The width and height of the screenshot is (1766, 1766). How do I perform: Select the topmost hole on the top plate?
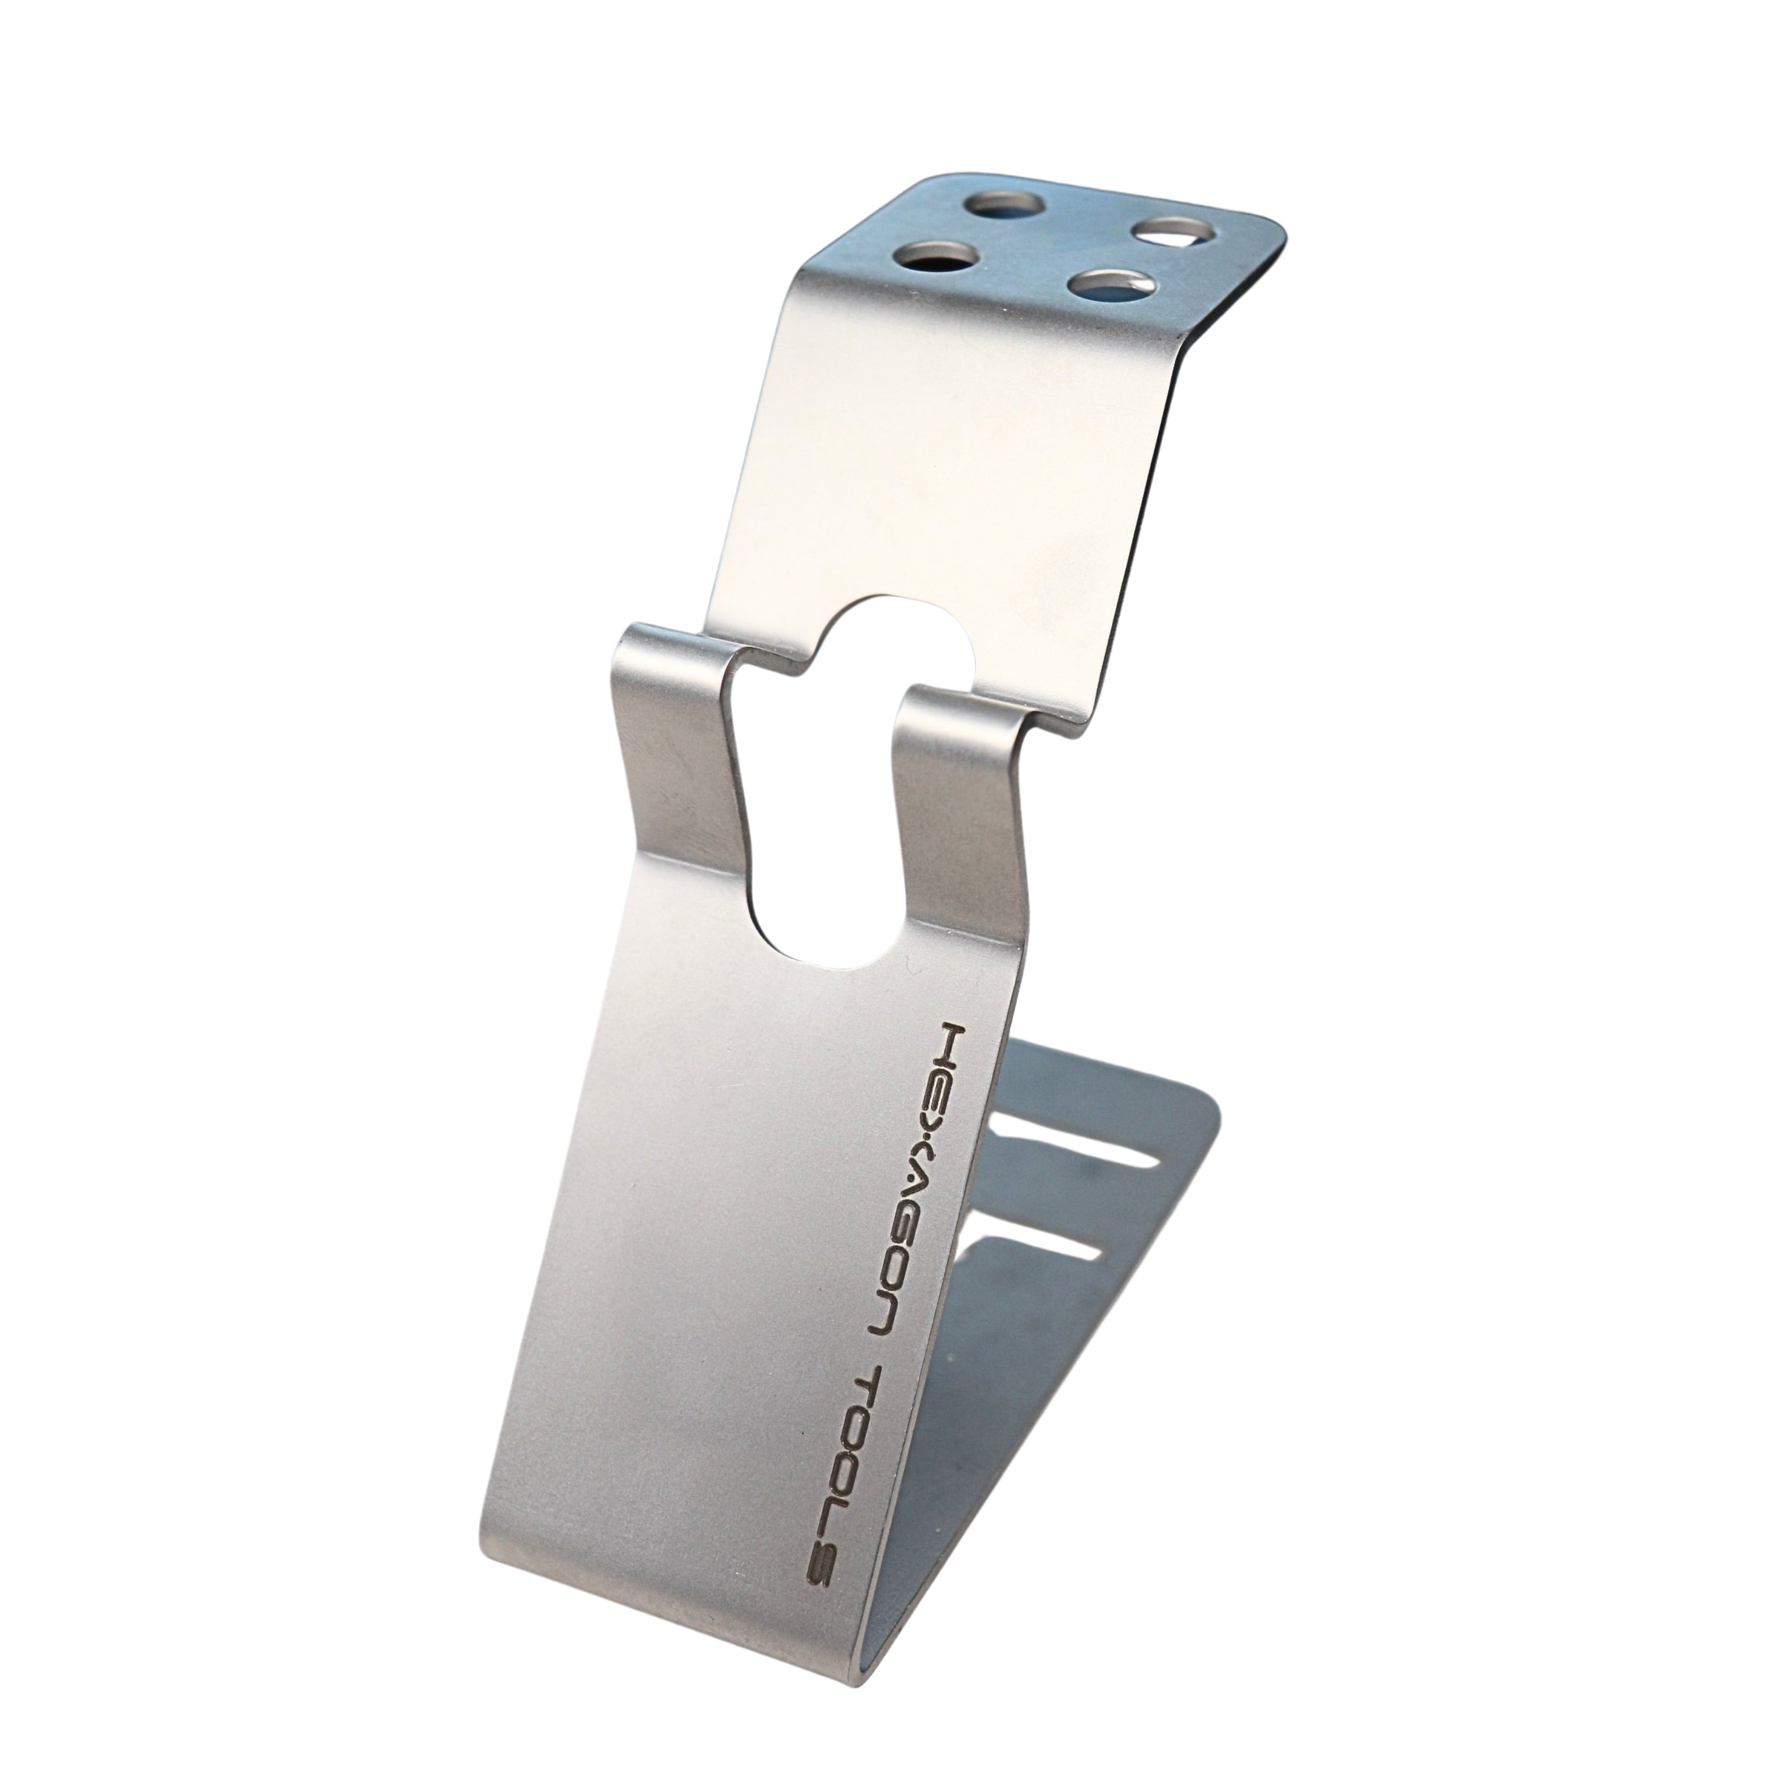click(997, 201)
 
